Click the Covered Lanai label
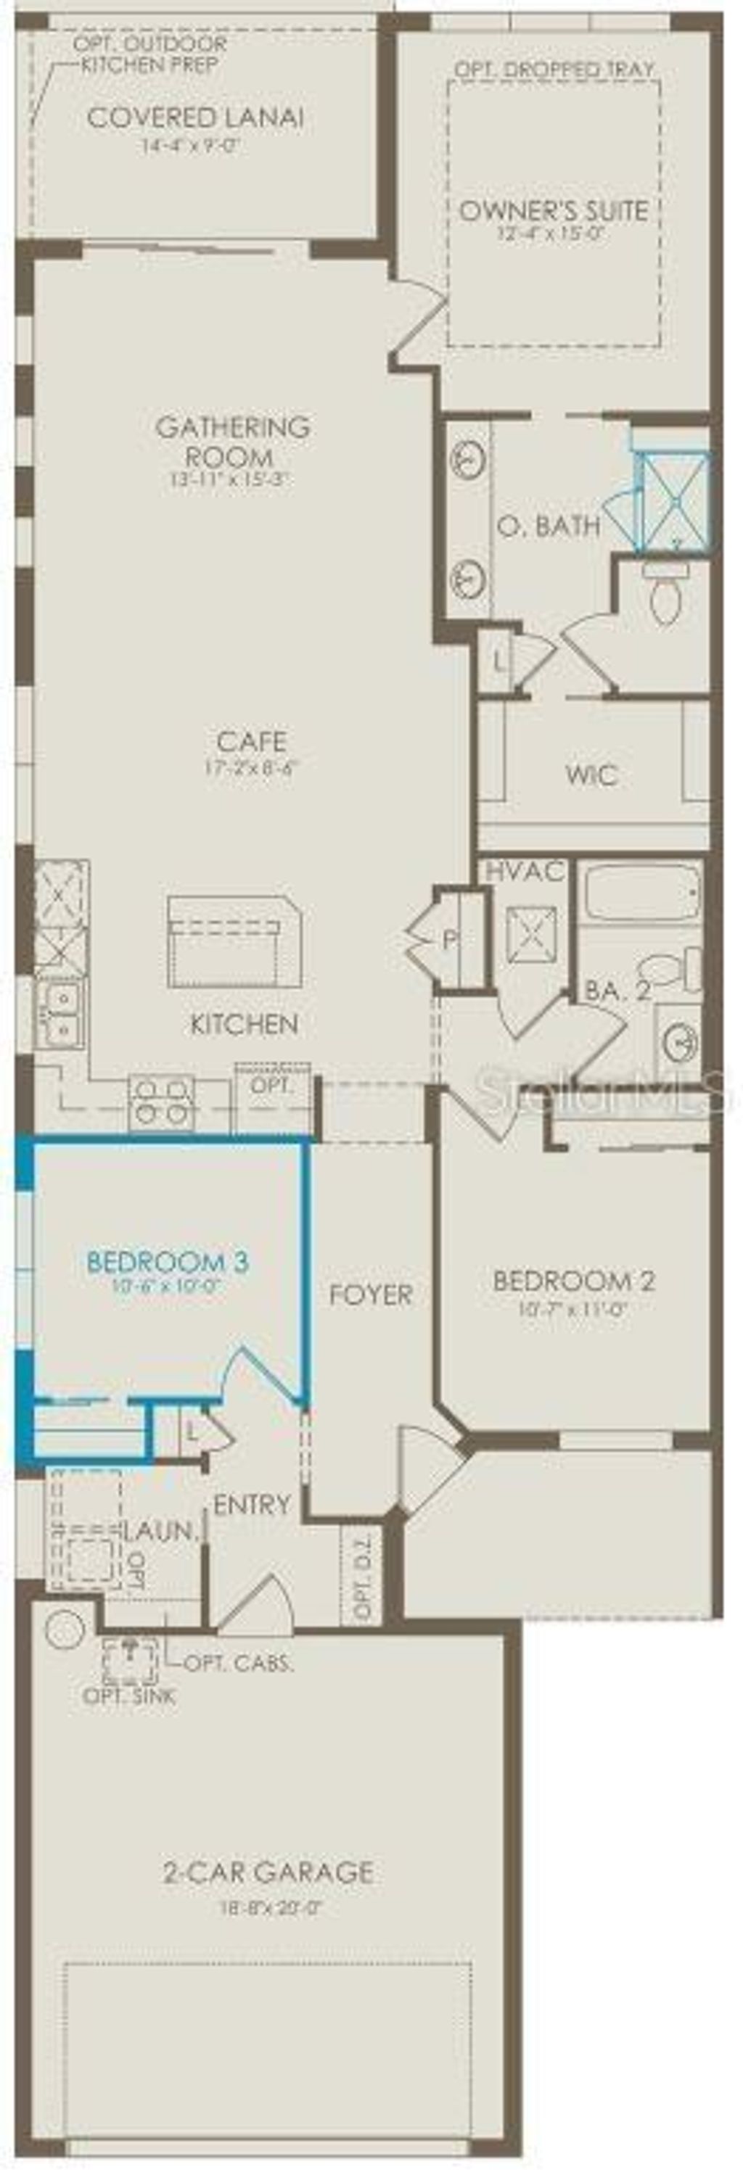click(194, 117)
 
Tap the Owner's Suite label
click(554, 210)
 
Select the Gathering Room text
click(232, 441)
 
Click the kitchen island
click(234, 941)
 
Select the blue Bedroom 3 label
click(168, 1262)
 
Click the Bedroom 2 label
click(573, 1281)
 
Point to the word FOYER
click(370, 1294)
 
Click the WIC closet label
click(591, 775)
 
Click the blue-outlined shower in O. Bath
click(675, 501)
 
